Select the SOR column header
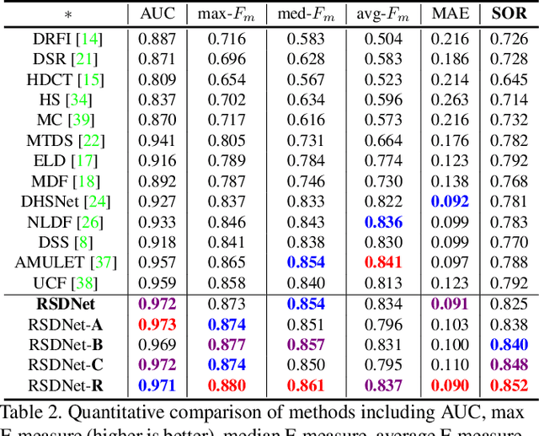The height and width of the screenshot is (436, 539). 508,14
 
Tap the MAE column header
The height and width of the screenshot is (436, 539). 451,14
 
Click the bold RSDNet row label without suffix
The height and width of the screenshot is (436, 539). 66,303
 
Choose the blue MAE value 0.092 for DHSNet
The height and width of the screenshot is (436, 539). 451,201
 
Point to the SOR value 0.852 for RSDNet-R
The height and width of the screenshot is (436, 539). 508,385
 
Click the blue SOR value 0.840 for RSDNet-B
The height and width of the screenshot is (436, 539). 508,344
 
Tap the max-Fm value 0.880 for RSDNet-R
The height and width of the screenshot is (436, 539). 227,385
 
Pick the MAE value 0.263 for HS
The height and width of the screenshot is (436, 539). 451,100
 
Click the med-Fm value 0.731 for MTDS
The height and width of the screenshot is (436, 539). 306,140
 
